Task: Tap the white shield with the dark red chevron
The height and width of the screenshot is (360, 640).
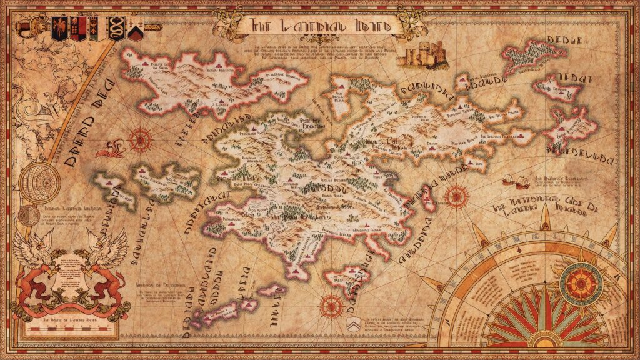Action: pos(134,28)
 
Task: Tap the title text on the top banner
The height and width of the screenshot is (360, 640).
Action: pos(321,26)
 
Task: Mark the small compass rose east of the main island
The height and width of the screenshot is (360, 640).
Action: pos(455,196)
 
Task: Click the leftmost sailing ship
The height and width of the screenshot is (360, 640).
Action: pos(508,179)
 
